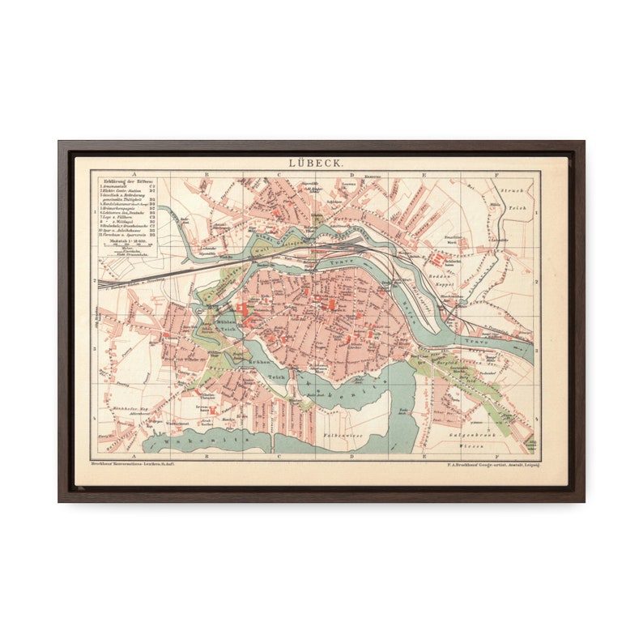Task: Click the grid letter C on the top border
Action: pyautogui.click(x=278, y=173)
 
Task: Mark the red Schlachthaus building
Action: pyautogui.click(x=441, y=259)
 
